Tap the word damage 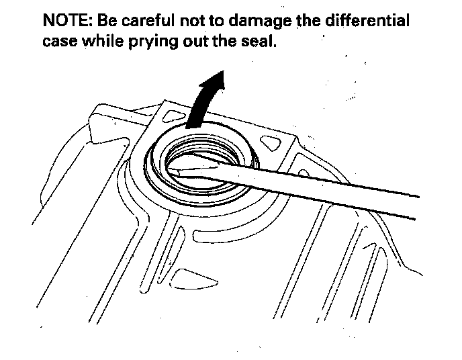click(x=260, y=21)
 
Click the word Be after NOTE click(x=108, y=20)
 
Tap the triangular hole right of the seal click(x=275, y=143)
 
